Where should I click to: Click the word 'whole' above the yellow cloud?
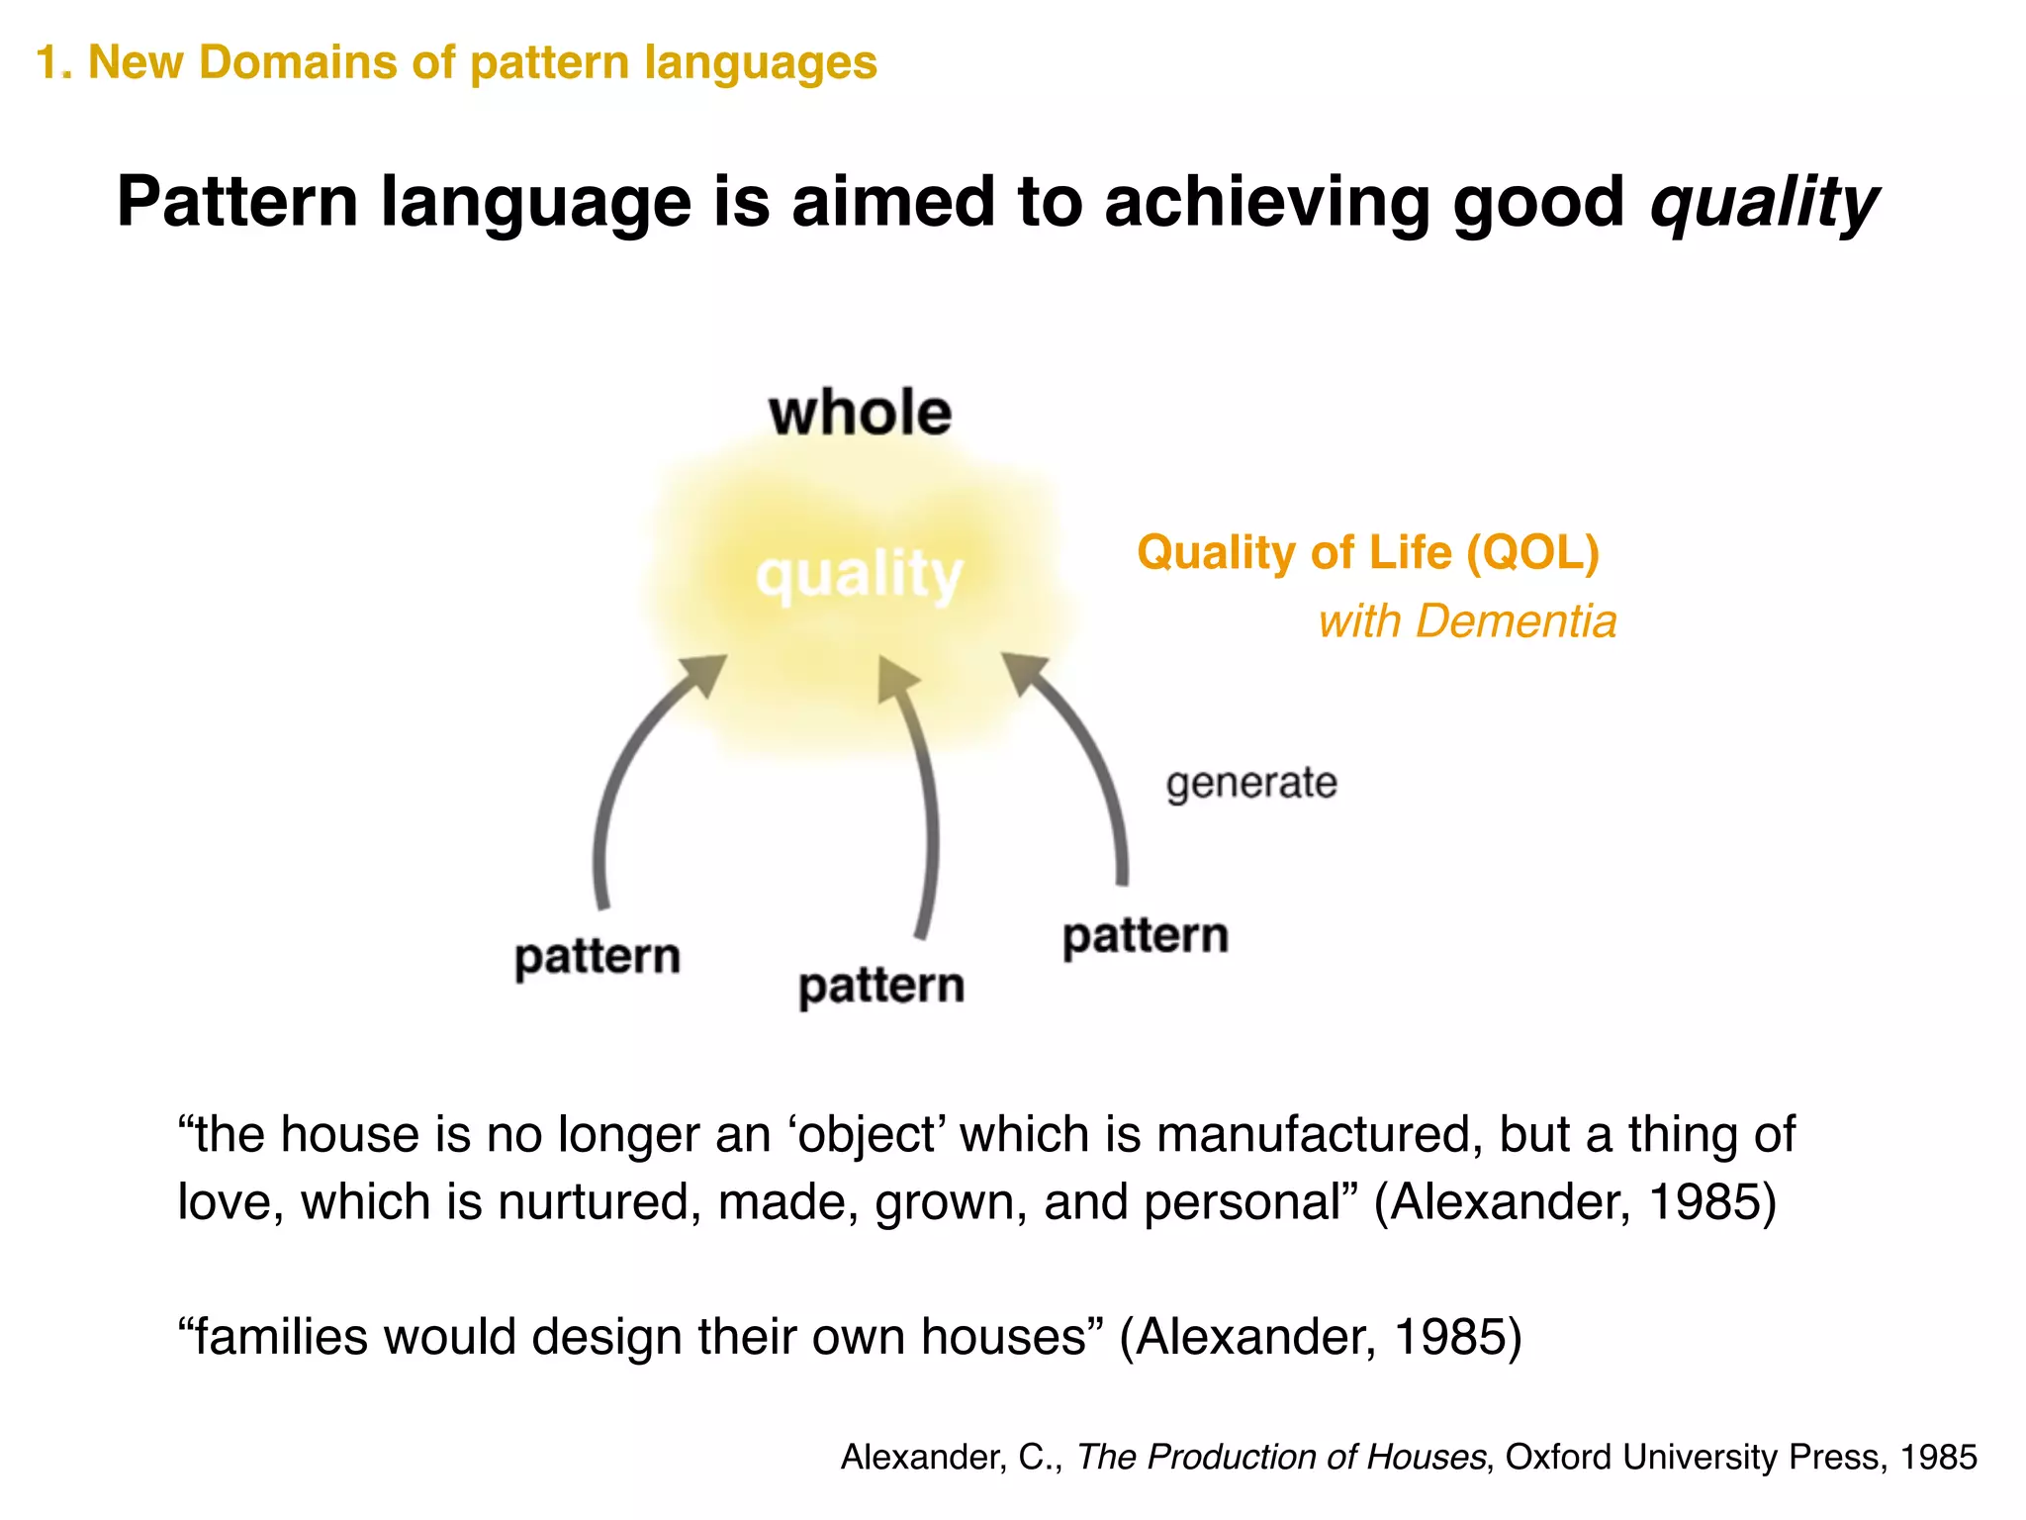pos(860,413)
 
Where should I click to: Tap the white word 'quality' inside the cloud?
pos(859,574)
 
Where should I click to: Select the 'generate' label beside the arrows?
pos(1250,783)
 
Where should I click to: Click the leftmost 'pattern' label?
pos(598,957)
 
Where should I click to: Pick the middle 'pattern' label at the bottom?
pos(880,986)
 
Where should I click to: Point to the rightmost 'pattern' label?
pos(1145,936)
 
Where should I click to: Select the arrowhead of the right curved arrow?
pos(1025,672)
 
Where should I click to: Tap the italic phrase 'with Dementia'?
pos(1467,621)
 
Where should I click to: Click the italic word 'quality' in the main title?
pos(1763,203)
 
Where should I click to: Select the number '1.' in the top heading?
pos(53,62)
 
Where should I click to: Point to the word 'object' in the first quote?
pos(867,1134)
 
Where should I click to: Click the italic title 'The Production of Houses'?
pos(1281,1457)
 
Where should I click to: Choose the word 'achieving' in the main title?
pos(1267,203)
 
